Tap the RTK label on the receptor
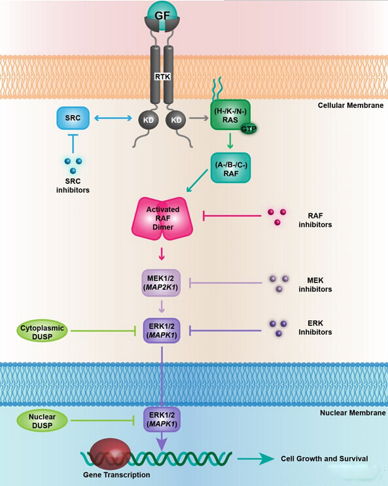pyautogui.click(x=162, y=77)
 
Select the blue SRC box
pyautogui.click(x=73, y=118)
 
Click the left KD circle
pyautogui.click(x=149, y=120)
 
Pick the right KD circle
pyautogui.click(x=176, y=120)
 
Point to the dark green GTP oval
pyautogui.click(x=249, y=129)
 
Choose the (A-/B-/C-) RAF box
pyautogui.click(x=231, y=167)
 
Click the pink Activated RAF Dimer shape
pyautogui.click(x=162, y=218)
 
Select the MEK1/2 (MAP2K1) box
pyautogui.click(x=161, y=283)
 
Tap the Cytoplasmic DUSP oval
pyautogui.click(x=42, y=331)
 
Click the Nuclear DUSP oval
pyautogui.click(x=42, y=421)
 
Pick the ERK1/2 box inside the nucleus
pyautogui.click(x=162, y=420)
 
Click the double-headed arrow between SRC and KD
pyautogui.click(x=113, y=118)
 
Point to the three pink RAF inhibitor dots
pyautogui.click(x=277, y=217)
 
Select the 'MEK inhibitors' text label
pyautogui.click(x=315, y=285)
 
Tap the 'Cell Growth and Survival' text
pyautogui.click(x=325, y=459)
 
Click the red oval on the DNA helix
pyautogui.click(x=110, y=454)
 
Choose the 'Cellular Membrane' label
pyautogui.click(x=351, y=105)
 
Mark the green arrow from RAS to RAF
pyautogui.click(x=230, y=141)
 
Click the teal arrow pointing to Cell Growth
pyautogui.click(x=256, y=459)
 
